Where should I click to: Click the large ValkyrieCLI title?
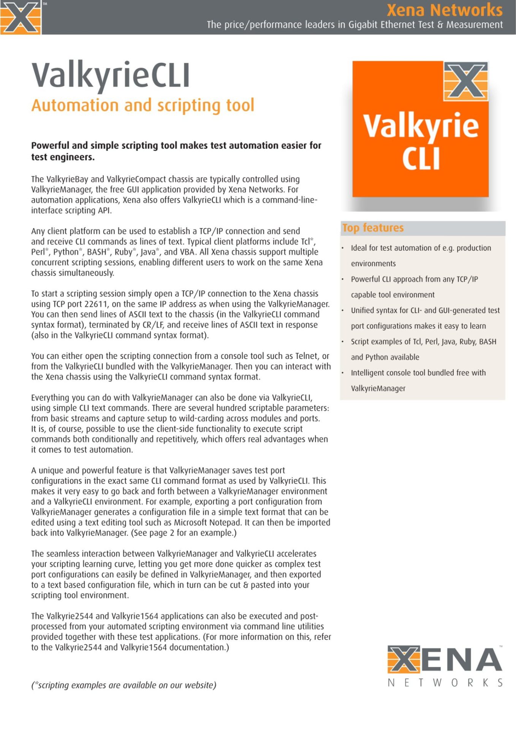(x=111, y=75)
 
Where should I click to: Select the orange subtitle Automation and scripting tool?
(x=142, y=105)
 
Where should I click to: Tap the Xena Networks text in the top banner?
(x=444, y=10)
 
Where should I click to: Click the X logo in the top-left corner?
(x=21, y=17)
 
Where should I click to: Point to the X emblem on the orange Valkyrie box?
(x=466, y=81)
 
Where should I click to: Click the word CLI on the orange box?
(x=421, y=159)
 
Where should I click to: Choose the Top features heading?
(x=373, y=228)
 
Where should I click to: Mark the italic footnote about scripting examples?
(x=123, y=685)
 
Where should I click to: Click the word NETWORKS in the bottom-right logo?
(x=445, y=683)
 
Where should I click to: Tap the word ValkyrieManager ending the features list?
(x=378, y=389)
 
